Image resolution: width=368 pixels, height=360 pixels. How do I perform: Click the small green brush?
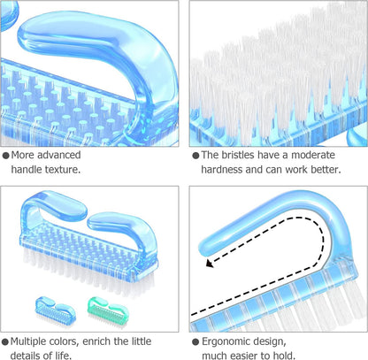click(108, 311)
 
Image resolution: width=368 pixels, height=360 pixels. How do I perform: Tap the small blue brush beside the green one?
click(56, 310)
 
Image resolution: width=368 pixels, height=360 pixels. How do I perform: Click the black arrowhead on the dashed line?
click(210, 263)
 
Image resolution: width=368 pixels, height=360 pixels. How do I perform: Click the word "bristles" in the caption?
click(237, 155)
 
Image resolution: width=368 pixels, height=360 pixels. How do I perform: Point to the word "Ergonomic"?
click(226, 342)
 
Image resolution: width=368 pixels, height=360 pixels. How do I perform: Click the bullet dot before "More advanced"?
click(6, 156)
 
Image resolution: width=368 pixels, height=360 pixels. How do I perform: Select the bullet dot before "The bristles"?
click(195, 156)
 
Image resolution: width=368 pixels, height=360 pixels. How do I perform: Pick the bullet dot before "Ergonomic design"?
click(195, 342)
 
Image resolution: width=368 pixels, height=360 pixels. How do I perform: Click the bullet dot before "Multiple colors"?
click(5, 342)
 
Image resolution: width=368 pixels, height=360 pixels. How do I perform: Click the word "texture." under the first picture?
click(63, 170)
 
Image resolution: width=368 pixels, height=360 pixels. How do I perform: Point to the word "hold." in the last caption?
click(285, 356)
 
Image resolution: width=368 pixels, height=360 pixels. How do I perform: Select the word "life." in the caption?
click(63, 356)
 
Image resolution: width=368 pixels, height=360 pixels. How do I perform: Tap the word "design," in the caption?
click(269, 342)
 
